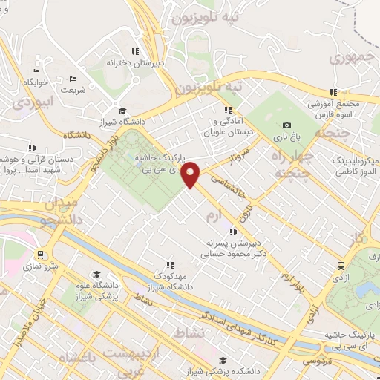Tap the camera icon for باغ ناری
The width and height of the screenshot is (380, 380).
point(287,125)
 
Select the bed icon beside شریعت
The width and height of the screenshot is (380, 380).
point(73,79)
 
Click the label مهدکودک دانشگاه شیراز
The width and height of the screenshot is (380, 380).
point(168,280)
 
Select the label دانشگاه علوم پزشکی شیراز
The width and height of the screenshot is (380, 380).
point(96,290)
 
